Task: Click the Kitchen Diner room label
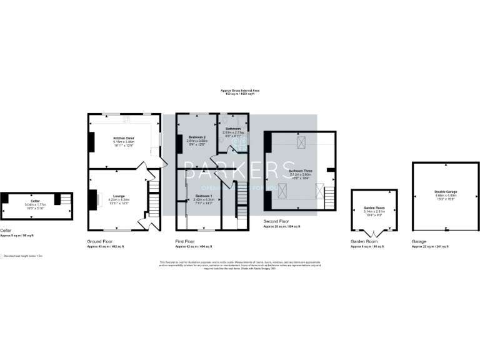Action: click(x=123, y=137)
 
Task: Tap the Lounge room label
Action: click(x=119, y=196)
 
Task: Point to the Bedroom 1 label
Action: click(x=204, y=197)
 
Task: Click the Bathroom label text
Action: click(x=232, y=128)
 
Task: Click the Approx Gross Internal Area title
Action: click(x=239, y=91)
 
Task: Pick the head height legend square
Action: click(x=2, y=256)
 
